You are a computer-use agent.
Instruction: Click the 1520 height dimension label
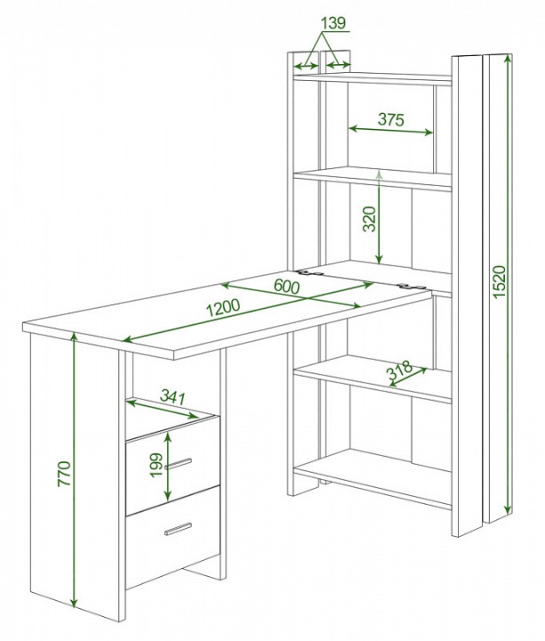(499, 281)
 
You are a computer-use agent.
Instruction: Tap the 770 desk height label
(65, 474)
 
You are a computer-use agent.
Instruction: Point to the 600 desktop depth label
(286, 286)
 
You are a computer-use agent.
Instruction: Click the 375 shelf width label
(390, 119)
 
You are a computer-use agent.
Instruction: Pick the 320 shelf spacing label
(370, 219)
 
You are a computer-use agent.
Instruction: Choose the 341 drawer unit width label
(172, 396)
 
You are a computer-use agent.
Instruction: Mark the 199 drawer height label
(156, 465)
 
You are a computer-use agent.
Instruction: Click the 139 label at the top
(333, 23)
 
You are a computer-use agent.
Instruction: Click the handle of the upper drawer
(179, 464)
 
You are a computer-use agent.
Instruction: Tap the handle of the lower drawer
(179, 528)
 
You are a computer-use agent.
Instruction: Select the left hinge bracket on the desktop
(310, 272)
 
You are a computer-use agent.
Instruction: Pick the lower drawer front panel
(172, 538)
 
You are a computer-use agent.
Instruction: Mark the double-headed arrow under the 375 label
(390, 130)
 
